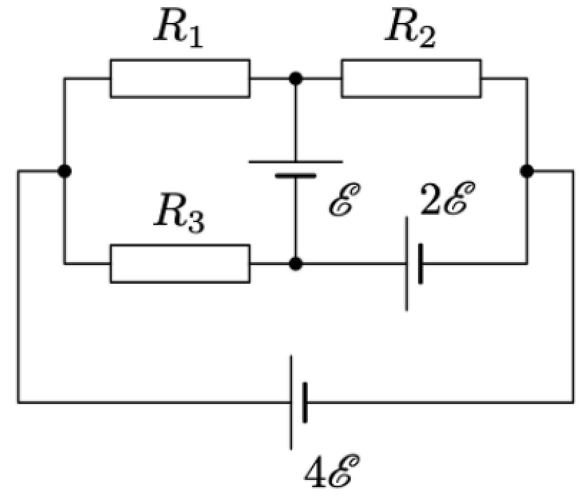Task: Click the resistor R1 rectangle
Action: point(180,78)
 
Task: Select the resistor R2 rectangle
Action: point(411,78)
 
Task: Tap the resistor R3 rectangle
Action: point(180,264)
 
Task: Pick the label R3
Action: point(180,214)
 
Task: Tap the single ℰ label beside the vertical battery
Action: point(344,199)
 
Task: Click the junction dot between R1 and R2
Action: point(296,78)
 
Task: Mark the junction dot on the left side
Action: point(64,171)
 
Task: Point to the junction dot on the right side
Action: point(527,171)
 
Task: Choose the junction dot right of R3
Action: point(296,264)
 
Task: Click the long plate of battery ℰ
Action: point(296,162)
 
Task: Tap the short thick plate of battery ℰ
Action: point(296,175)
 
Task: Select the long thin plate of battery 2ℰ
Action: point(407,264)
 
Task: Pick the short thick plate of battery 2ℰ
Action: point(421,264)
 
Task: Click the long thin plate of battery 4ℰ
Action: point(291,402)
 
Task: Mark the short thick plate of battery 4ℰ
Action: point(305,402)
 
